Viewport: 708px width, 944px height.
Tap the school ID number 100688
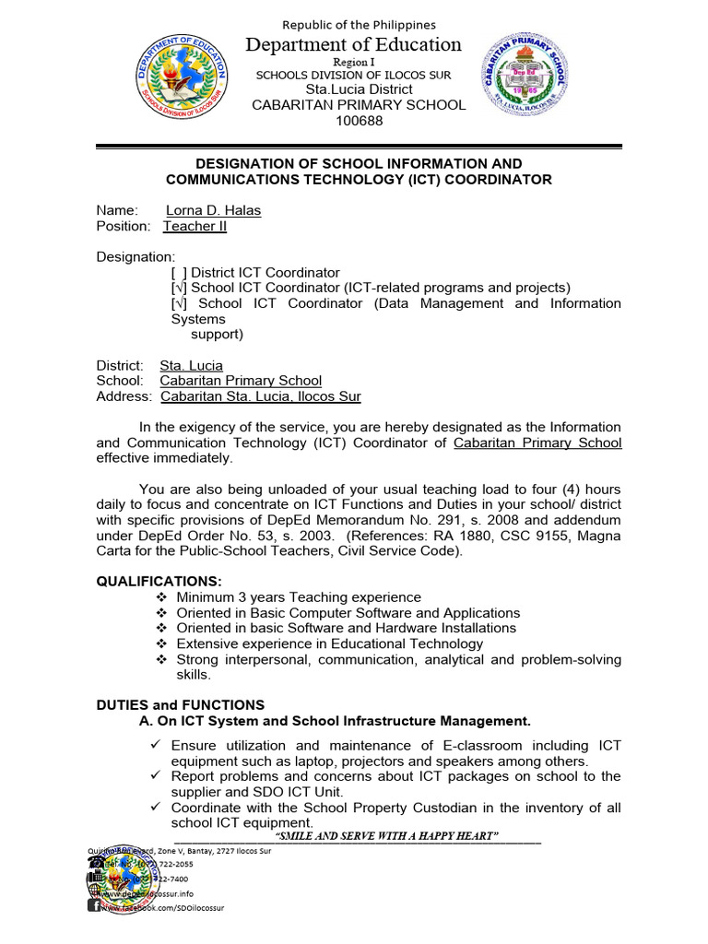359,121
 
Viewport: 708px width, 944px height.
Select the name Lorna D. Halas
213,210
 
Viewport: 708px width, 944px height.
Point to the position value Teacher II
195,226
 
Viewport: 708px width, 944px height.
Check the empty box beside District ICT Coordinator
179,273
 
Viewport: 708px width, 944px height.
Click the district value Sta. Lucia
191,365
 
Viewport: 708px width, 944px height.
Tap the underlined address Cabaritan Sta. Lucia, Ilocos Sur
260,396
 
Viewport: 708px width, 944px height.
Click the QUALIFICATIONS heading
159,581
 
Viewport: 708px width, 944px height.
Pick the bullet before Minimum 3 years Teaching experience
160,597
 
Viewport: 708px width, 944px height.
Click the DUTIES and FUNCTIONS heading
181,704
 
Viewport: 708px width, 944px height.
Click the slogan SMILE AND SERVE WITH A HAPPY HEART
387,835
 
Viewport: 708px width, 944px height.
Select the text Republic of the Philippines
359,25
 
